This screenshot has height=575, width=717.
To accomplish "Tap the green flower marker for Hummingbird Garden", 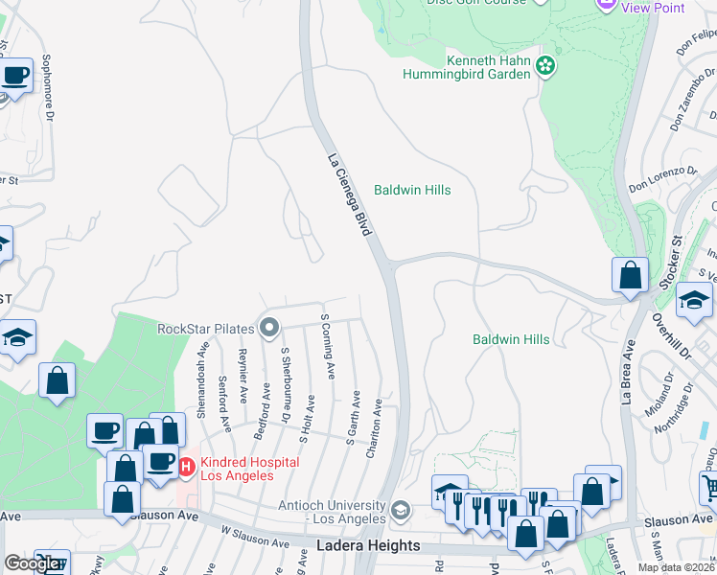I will tap(545, 66).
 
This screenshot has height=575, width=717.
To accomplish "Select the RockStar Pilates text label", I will tap(205, 329).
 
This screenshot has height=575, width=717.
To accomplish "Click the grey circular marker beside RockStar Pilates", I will tap(269, 329).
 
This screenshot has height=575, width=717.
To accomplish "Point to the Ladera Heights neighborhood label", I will tap(368, 545).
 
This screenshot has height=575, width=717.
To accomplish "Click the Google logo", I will tap(31, 563).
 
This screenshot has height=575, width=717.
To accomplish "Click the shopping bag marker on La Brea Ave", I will tap(630, 275).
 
